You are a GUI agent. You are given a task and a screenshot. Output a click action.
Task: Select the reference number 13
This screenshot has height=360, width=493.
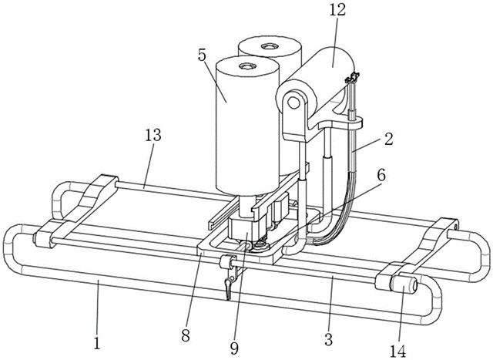tap(153, 136)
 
